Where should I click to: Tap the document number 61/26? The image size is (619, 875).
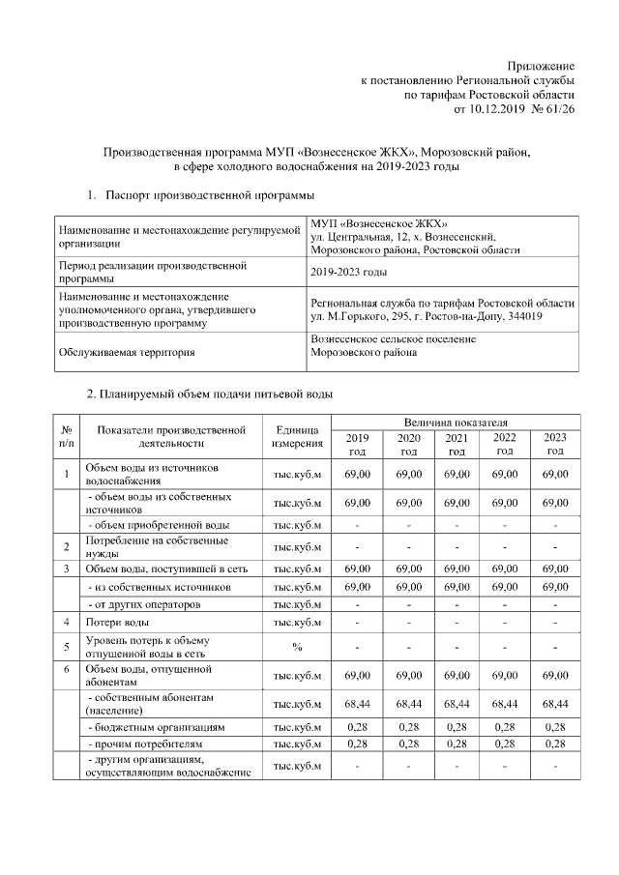560,111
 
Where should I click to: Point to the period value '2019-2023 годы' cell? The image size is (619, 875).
349,272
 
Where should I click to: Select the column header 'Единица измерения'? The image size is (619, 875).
297,436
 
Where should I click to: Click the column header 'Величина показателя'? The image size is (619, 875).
457,423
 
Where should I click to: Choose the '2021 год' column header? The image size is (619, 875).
457,444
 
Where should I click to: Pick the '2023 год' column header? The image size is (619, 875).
555,444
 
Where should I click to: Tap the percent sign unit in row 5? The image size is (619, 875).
297,647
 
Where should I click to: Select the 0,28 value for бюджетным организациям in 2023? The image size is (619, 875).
555,726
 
